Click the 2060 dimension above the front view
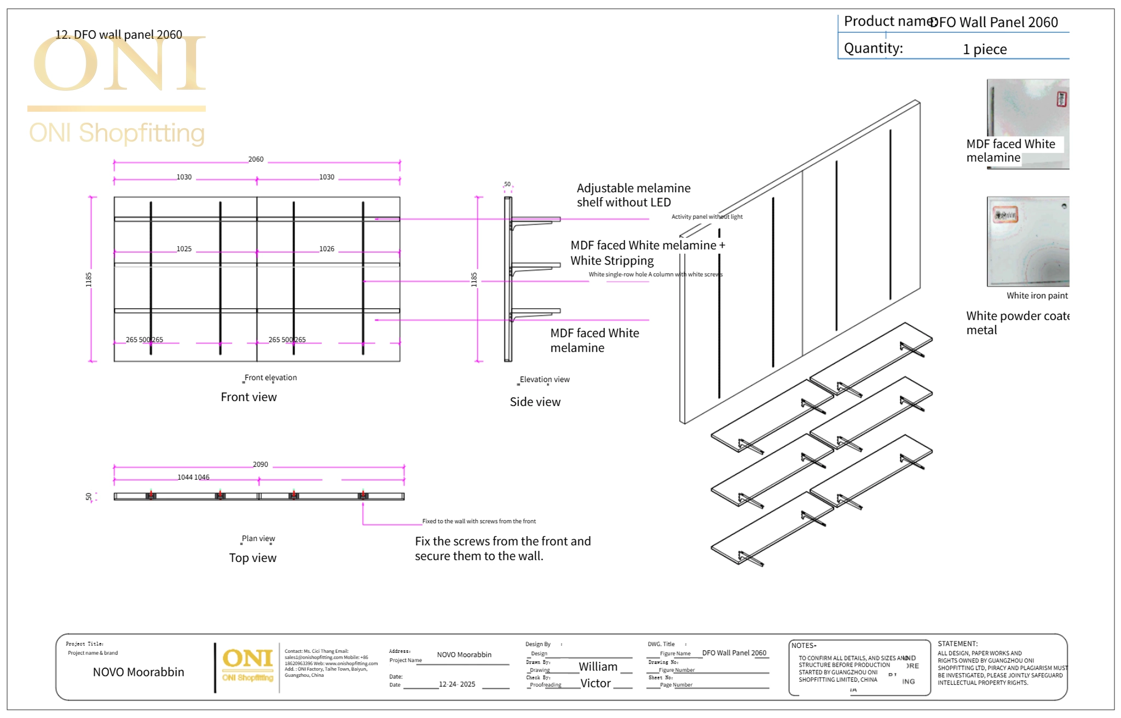point(256,159)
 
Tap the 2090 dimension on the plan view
point(260,464)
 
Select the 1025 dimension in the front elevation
point(184,249)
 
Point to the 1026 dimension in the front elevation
point(327,249)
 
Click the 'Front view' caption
point(249,397)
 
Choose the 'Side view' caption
point(535,402)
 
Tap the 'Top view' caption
point(252,558)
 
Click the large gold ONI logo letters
point(119,65)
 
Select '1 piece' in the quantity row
point(984,49)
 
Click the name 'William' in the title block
point(598,667)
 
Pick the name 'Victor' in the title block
point(595,683)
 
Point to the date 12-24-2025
point(457,685)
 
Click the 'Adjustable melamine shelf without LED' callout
point(633,195)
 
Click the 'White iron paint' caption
point(1037,296)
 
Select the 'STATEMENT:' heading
point(957,644)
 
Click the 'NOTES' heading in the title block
point(803,646)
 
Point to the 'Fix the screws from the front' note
point(502,548)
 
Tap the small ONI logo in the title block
point(247,665)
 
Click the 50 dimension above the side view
point(507,185)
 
